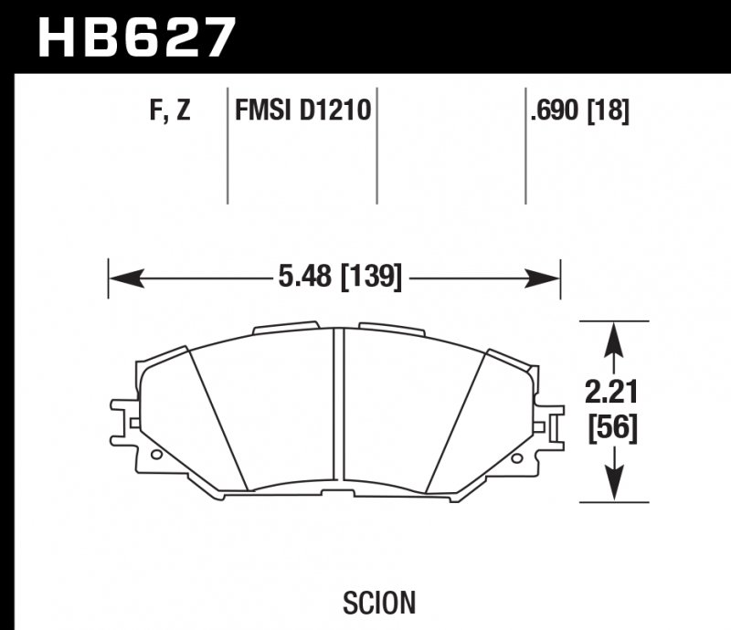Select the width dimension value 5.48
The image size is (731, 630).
point(302,276)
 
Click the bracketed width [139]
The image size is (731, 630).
point(371,276)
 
